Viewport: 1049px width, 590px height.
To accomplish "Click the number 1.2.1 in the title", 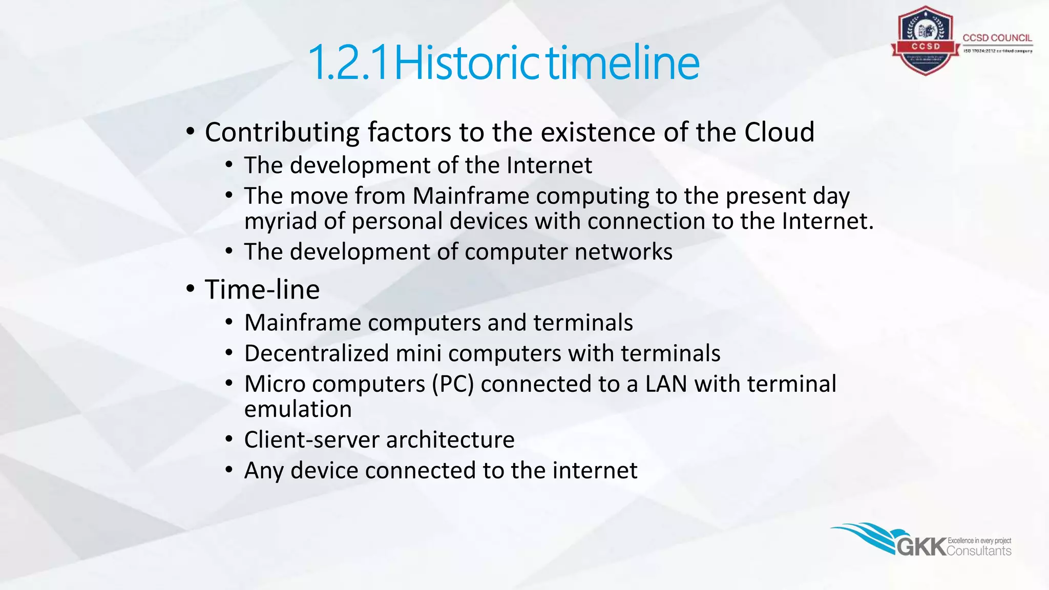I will click(x=349, y=64).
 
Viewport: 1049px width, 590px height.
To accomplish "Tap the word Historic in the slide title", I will click(x=467, y=64).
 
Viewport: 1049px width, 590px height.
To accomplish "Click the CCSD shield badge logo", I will click(x=925, y=41).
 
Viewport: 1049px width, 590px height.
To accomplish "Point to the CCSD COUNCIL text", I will click(x=997, y=38).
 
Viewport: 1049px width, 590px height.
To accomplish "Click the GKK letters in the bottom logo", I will click(x=921, y=547).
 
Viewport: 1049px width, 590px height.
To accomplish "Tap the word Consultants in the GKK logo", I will click(x=979, y=551).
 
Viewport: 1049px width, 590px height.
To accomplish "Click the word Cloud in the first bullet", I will click(x=779, y=132).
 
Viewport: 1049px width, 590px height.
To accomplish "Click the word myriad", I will click(x=280, y=222).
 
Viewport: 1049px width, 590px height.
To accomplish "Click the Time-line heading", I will click(x=262, y=290).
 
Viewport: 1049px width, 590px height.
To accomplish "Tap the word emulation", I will click(x=298, y=409).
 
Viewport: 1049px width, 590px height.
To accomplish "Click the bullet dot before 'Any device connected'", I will click(x=229, y=470).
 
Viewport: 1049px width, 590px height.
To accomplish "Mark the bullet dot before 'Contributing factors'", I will click(x=190, y=132).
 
